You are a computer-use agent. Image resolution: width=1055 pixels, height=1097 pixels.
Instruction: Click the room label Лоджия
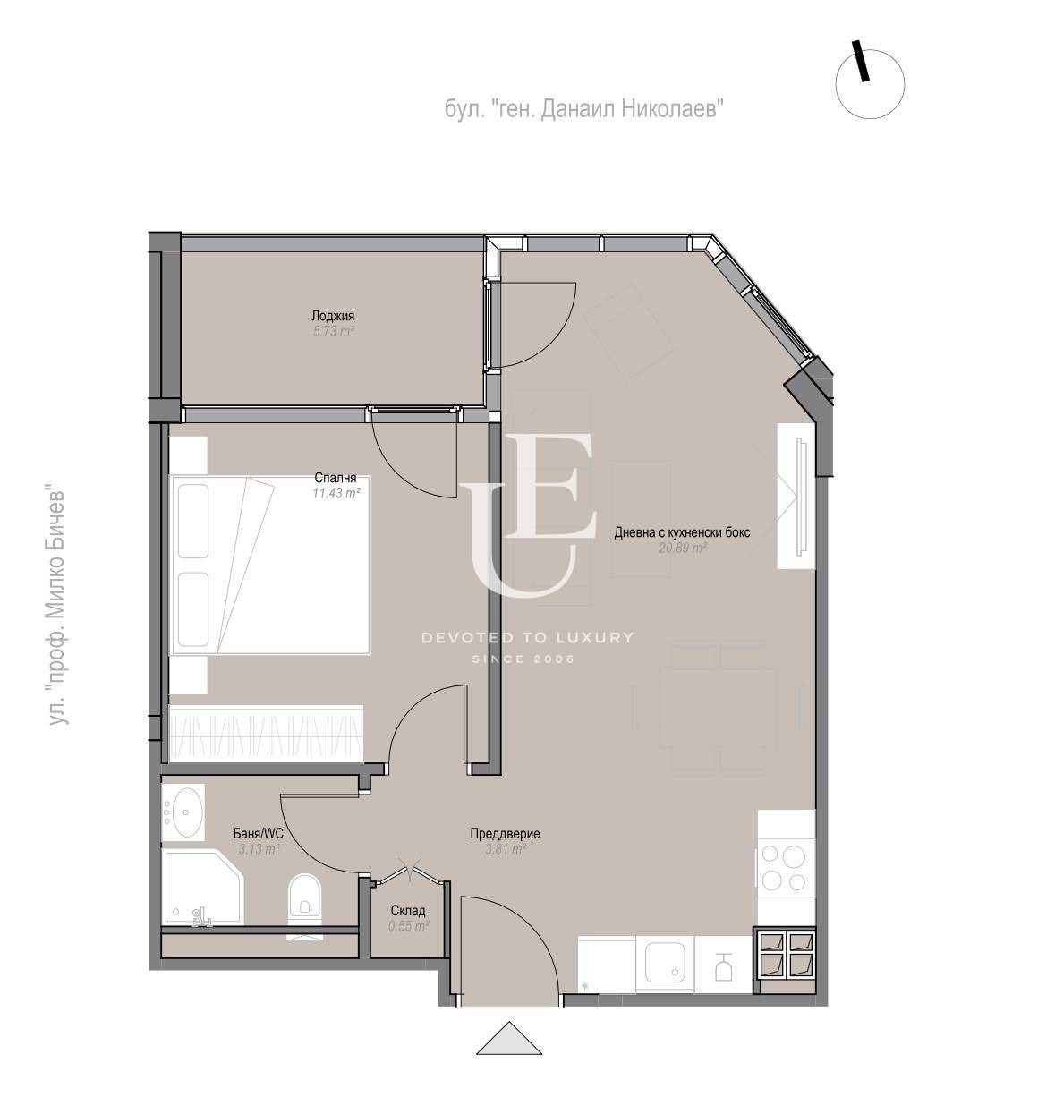(333, 316)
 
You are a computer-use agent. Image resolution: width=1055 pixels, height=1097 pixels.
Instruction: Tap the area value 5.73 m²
(333, 331)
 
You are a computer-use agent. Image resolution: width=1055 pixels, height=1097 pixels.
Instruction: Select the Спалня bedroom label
(336, 478)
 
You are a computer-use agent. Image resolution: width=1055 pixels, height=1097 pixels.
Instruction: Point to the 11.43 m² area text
(336, 493)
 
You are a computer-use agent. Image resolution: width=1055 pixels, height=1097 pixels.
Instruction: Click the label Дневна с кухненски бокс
(682, 532)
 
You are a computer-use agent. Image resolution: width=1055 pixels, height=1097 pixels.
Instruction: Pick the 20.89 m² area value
(683, 548)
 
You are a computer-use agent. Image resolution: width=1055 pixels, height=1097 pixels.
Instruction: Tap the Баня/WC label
(259, 834)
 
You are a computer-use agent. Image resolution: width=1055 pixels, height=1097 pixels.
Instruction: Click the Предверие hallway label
(506, 833)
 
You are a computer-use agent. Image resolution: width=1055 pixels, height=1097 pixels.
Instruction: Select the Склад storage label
(408, 910)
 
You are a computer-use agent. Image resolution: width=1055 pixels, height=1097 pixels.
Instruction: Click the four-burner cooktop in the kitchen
(786, 868)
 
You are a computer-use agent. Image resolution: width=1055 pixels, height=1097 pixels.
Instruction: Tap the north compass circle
(870, 84)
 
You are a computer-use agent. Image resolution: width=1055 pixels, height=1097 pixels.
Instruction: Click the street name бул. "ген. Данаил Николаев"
(584, 108)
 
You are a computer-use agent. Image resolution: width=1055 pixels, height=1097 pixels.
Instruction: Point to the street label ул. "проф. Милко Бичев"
(56, 608)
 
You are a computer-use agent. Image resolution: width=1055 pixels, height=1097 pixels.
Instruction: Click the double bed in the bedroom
(269, 565)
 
